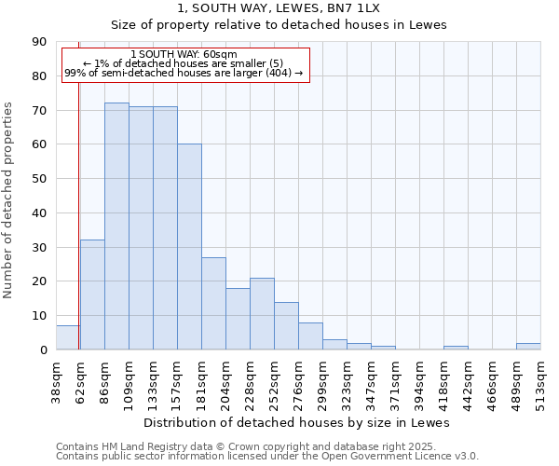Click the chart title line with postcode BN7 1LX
point(279,8)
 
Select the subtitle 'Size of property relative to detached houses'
point(279,25)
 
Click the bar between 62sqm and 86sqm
point(92,295)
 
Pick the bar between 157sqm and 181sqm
point(189,247)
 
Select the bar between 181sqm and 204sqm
point(213,304)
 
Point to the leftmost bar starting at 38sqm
point(67,337)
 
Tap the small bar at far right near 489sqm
point(528,347)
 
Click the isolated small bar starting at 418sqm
point(456,348)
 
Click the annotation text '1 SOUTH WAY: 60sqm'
point(184,54)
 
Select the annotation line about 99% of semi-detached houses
point(184,73)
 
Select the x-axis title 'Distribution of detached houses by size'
point(297,423)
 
